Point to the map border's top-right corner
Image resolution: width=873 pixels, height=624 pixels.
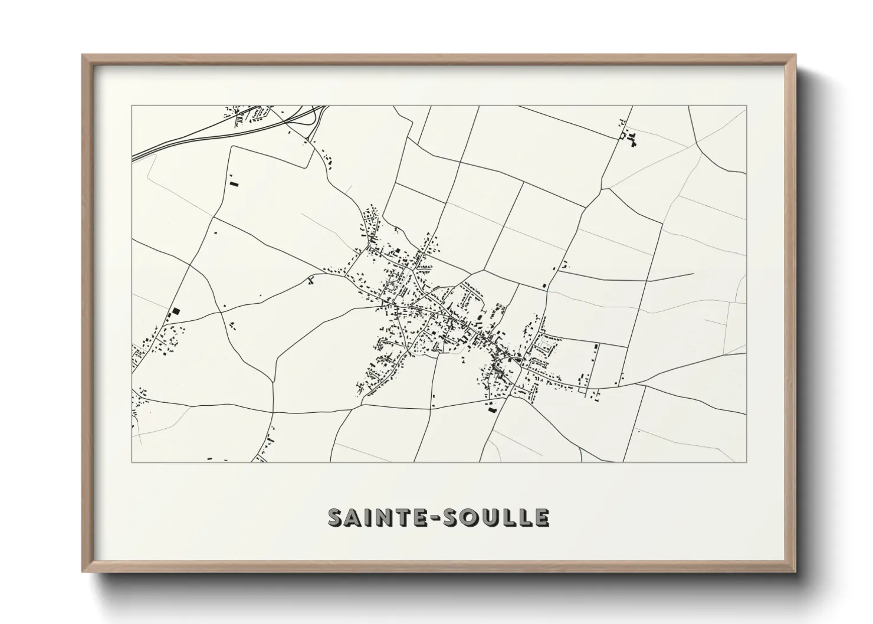pos(746,106)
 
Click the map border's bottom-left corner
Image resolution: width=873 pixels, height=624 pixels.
pos(132,462)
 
